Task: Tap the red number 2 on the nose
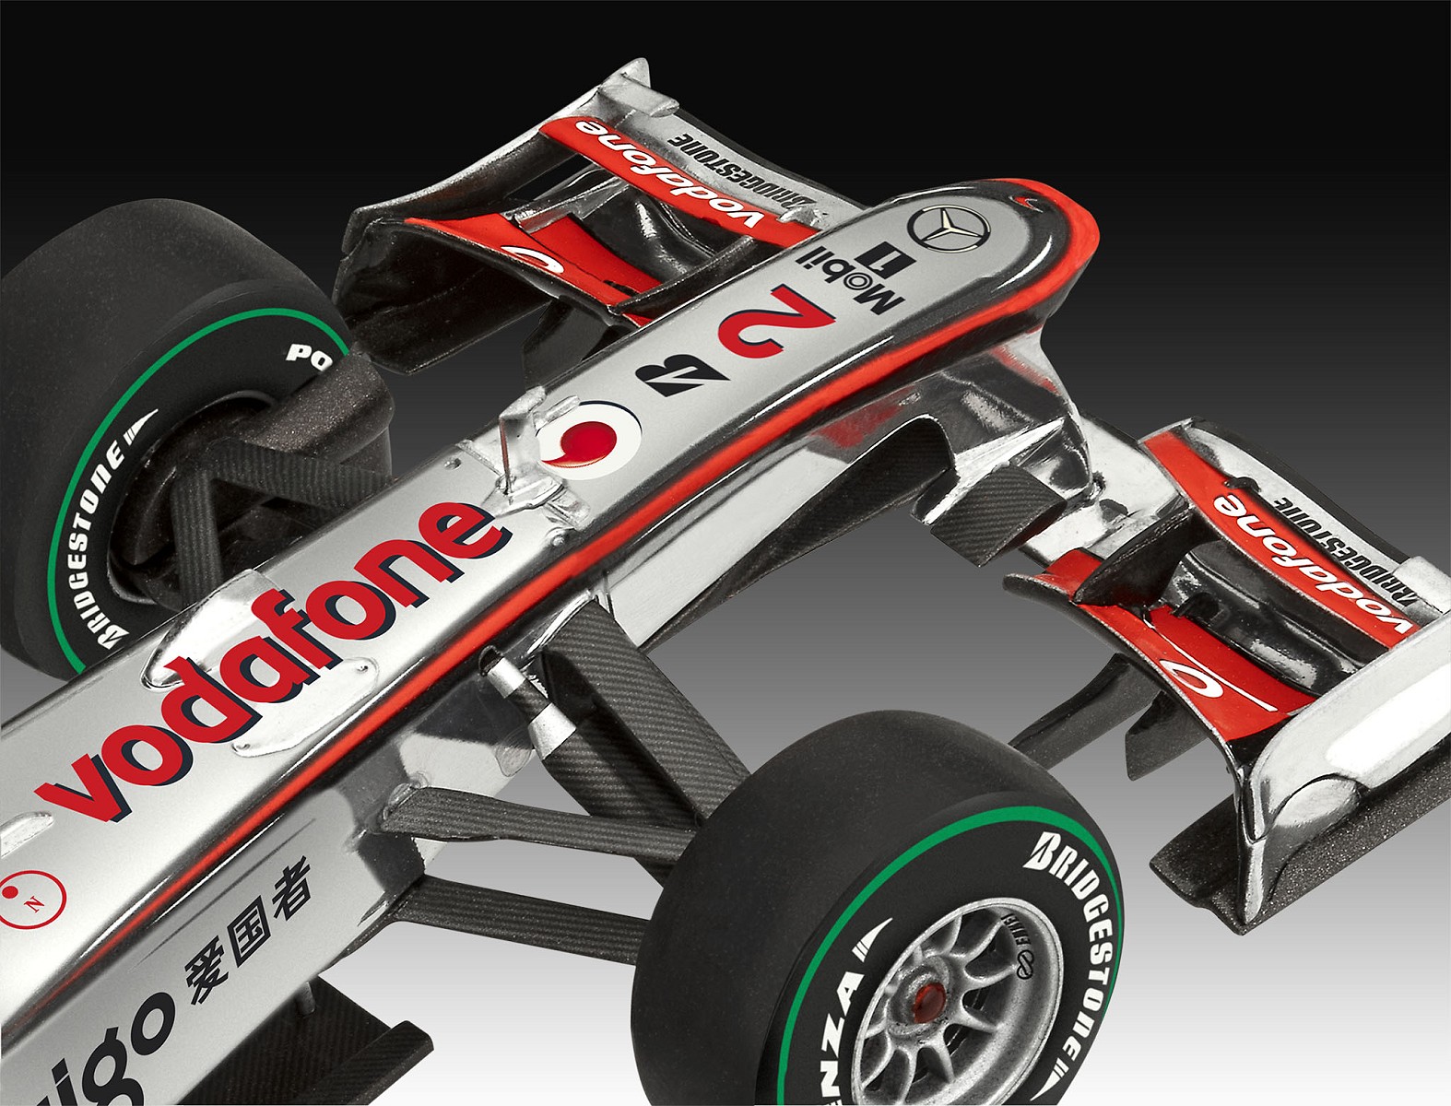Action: coord(776,323)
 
